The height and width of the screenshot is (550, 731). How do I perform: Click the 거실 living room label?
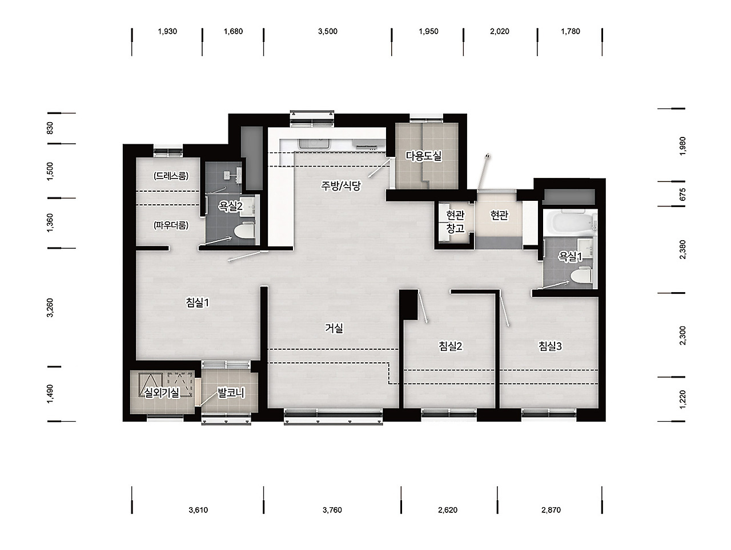[x=334, y=328]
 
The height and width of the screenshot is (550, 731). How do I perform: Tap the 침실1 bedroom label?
[x=198, y=302]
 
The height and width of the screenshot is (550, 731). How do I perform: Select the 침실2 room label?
[x=451, y=346]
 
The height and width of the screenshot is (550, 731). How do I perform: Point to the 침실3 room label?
[x=550, y=346]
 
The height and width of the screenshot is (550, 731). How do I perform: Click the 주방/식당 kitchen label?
[x=341, y=185]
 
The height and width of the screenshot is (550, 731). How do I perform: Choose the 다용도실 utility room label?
[x=424, y=156]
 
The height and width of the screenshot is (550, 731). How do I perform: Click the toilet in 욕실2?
[x=244, y=231]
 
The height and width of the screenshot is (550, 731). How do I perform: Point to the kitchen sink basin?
[x=314, y=144]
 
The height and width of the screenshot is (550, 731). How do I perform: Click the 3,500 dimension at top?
[x=328, y=31]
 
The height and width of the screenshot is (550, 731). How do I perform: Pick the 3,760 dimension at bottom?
[x=332, y=509]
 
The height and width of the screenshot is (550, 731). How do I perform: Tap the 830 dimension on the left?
[x=50, y=128]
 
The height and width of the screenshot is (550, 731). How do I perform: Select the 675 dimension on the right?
[x=682, y=195]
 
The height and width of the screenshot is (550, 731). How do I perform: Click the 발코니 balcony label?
[x=231, y=393]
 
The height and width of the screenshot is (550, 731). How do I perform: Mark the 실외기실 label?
[x=161, y=393]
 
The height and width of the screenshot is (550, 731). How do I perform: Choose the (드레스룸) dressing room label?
[x=171, y=176]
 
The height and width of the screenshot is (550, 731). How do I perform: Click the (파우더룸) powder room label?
[x=171, y=225]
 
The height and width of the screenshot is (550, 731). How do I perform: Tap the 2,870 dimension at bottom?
[x=551, y=509]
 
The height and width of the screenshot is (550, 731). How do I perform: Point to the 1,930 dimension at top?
[x=167, y=31]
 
